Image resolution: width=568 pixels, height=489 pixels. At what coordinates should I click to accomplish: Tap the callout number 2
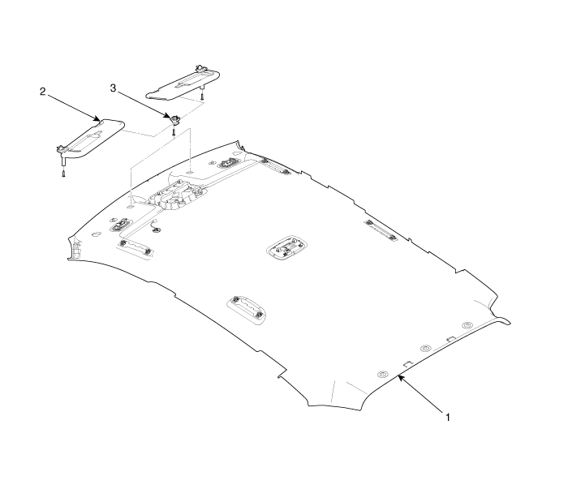click(x=42, y=92)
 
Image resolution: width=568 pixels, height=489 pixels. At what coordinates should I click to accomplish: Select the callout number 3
click(x=114, y=87)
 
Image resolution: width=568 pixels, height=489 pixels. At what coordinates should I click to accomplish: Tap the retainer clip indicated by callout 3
click(x=174, y=118)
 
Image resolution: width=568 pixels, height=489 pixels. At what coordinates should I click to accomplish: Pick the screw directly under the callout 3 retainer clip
click(x=174, y=131)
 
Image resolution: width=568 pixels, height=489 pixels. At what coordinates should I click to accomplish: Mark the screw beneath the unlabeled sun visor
click(x=202, y=96)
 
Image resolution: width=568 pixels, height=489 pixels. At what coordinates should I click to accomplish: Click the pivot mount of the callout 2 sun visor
click(x=62, y=148)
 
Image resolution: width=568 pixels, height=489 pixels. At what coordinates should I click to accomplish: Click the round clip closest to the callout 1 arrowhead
click(x=383, y=374)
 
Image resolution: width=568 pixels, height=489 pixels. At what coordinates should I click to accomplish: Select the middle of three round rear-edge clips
click(x=425, y=349)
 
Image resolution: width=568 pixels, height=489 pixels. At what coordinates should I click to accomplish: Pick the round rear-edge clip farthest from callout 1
click(x=467, y=325)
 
